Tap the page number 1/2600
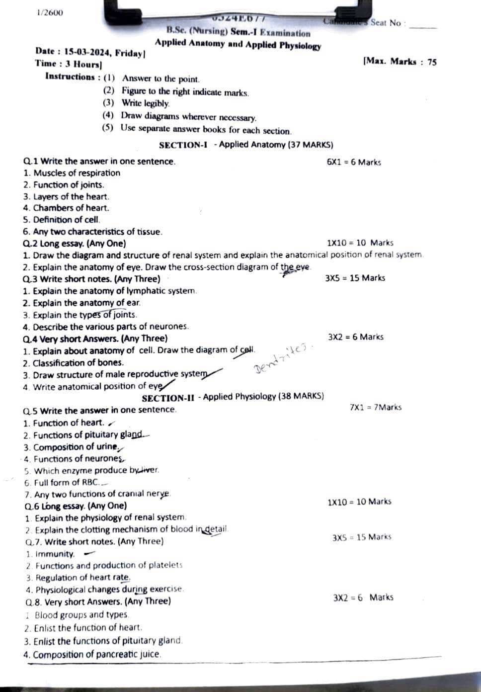(50, 12)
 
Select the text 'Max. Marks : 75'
(400, 62)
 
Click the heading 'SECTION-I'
(183, 145)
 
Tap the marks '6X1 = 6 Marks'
(354, 162)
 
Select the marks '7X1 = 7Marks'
(376, 407)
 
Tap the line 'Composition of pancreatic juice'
(93, 655)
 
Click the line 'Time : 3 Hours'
(68, 64)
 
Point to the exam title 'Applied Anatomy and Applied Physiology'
(238, 44)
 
